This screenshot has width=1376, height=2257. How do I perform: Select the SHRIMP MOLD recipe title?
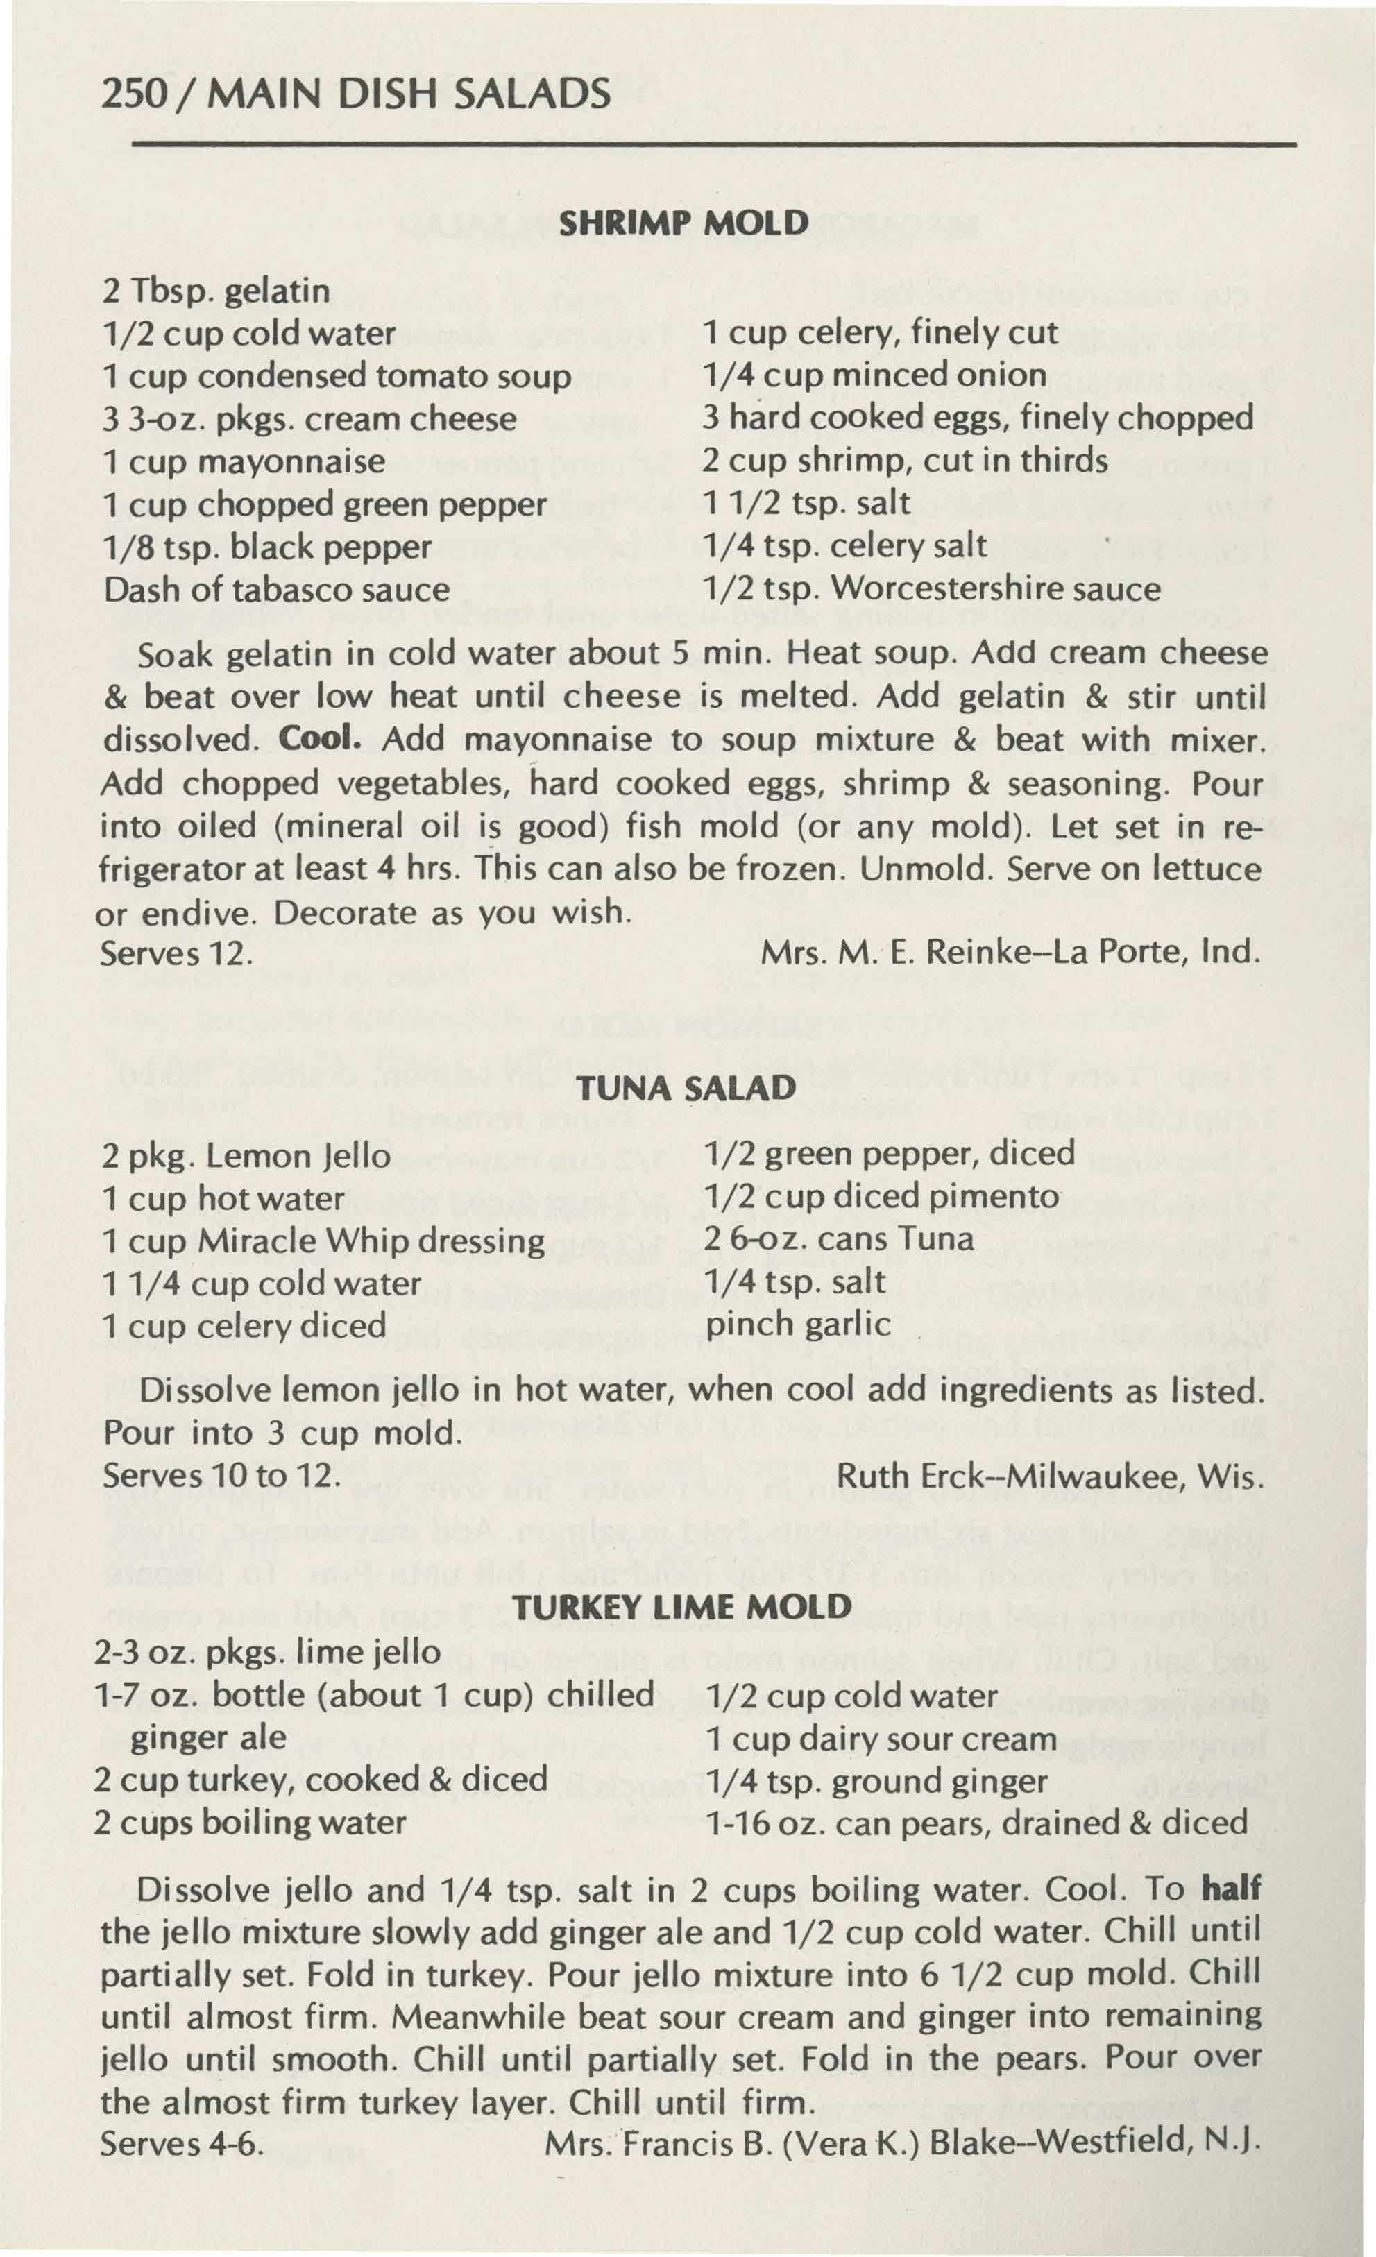point(683,223)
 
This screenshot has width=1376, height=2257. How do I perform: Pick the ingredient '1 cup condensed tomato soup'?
point(337,377)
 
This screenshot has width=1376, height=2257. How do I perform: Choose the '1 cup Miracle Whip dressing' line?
point(323,1242)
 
